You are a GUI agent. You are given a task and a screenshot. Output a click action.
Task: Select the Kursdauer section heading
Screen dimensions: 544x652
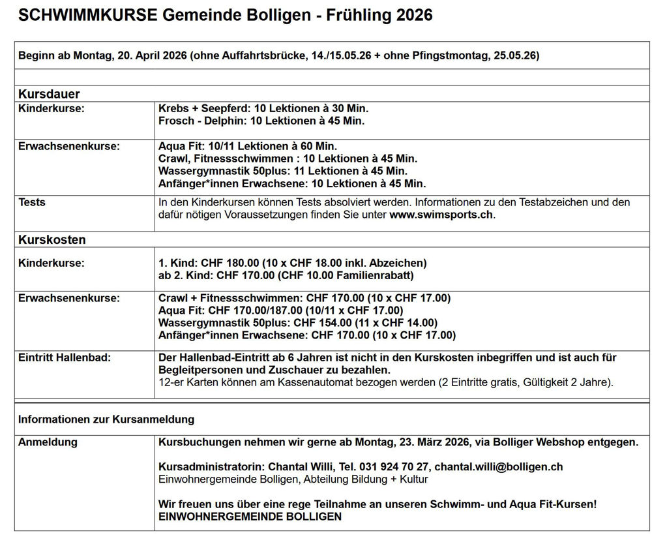coord(49,95)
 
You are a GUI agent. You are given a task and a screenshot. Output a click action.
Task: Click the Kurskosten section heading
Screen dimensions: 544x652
coord(52,239)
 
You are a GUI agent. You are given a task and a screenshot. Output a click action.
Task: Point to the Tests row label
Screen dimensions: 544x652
coord(32,202)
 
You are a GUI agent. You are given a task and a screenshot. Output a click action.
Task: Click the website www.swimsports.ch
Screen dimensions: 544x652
coord(441,215)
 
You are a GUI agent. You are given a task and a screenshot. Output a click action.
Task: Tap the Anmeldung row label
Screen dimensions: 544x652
coord(48,442)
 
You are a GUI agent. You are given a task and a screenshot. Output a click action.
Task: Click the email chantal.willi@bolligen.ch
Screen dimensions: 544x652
coord(499,467)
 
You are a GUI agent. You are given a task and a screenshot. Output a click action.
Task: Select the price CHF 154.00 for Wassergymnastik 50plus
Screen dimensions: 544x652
coord(321,323)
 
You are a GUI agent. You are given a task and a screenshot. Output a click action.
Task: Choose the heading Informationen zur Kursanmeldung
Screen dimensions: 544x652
coord(106,419)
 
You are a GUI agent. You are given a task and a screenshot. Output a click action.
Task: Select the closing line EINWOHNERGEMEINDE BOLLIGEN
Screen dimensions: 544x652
coord(250,517)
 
